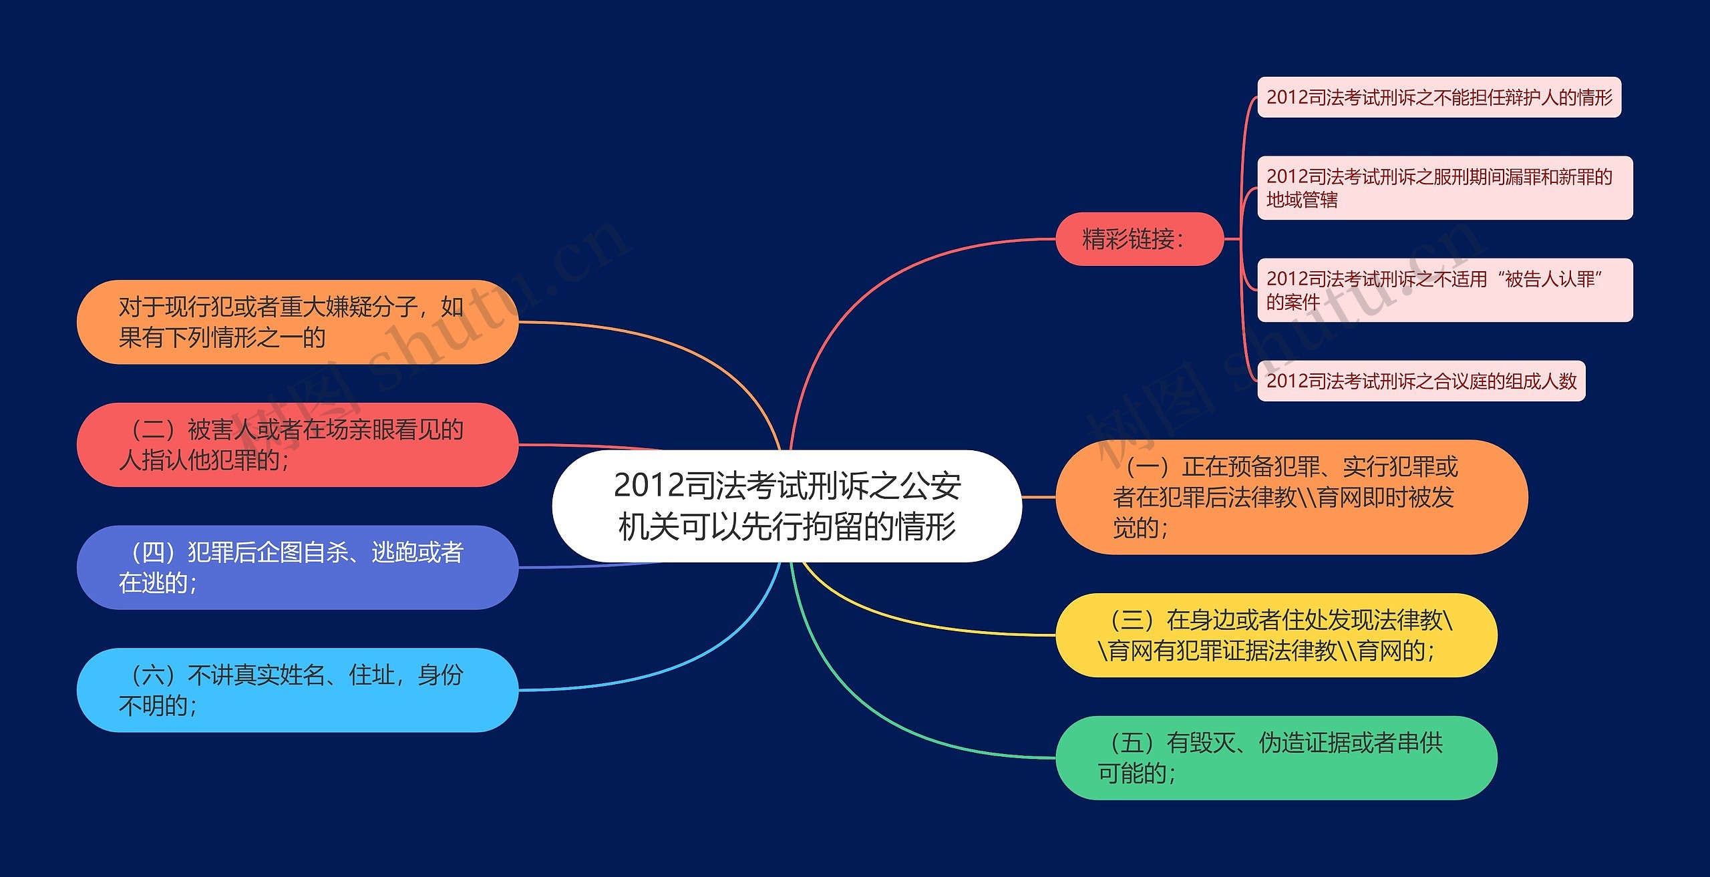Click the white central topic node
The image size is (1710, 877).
787,506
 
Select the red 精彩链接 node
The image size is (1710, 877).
1139,239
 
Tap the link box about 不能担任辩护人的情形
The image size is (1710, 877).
1439,98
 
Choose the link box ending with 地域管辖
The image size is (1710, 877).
1444,188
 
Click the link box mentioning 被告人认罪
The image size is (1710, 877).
1444,290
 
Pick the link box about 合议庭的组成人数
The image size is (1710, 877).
1421,381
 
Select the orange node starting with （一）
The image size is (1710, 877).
1291,497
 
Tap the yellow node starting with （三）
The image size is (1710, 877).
1276,635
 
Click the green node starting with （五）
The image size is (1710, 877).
1276,757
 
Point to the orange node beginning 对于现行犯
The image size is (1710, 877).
297,322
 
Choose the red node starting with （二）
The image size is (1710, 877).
297,445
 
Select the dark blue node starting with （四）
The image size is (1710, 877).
297,567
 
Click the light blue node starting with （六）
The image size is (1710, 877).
297,690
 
